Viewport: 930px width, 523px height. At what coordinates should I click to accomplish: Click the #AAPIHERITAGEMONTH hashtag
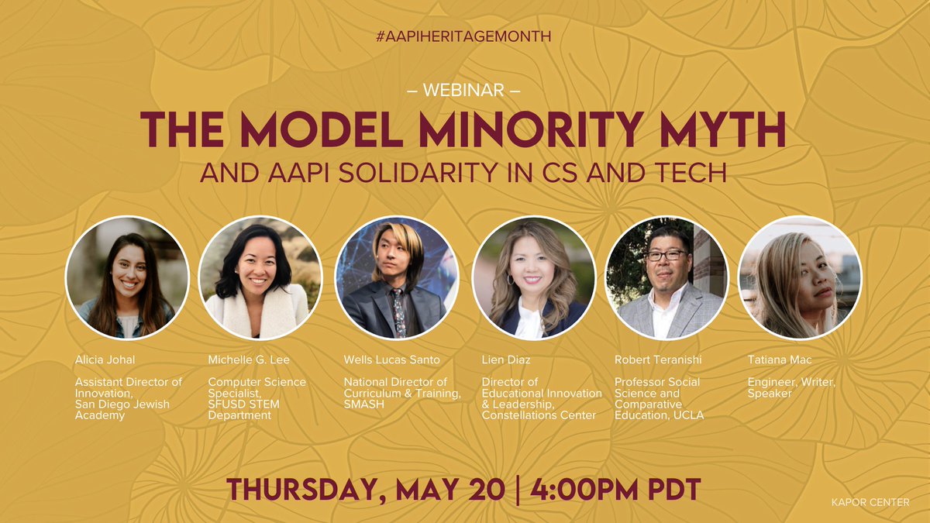click(x=463, y=36)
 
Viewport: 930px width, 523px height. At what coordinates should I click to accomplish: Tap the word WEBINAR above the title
click(x=463, y=91)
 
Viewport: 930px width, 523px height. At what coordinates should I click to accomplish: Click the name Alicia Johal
click(x=105, y=360)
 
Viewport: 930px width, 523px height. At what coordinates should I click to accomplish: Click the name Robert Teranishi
click(x=652, y=360)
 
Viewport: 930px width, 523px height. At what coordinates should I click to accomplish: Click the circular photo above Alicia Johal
click(x=127, y=277)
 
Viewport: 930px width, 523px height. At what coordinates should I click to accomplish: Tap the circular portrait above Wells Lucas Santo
click(x=396, y=277)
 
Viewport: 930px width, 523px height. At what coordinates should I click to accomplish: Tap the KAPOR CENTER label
click(x=878, y=504)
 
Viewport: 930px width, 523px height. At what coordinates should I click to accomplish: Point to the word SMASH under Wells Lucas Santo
click(x=360, y=404)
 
